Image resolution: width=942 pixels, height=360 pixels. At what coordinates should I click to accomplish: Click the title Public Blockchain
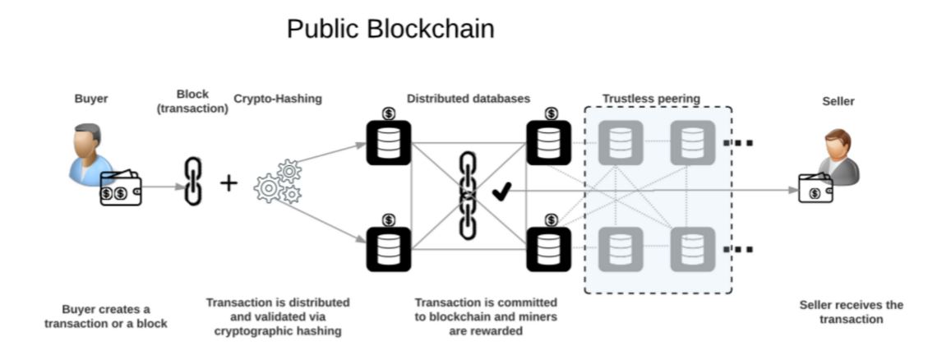390,29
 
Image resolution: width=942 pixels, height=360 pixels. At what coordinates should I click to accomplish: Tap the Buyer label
90,99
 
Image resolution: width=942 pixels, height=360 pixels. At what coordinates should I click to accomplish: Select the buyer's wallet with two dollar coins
120,191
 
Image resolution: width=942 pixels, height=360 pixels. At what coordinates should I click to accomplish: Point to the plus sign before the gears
229,182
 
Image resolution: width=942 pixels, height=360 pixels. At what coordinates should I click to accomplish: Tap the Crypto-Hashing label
278,99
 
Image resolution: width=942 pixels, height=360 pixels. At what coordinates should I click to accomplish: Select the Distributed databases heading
469,99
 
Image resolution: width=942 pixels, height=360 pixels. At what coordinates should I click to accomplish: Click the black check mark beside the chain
501,193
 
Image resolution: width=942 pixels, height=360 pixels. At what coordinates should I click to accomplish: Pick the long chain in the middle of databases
468,195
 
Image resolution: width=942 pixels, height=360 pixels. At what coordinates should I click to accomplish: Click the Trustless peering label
651,99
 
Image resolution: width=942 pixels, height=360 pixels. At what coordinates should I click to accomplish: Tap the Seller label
838,101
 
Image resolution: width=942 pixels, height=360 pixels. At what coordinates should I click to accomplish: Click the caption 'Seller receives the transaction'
851,312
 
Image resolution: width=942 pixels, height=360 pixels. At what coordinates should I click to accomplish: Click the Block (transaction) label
192,100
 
